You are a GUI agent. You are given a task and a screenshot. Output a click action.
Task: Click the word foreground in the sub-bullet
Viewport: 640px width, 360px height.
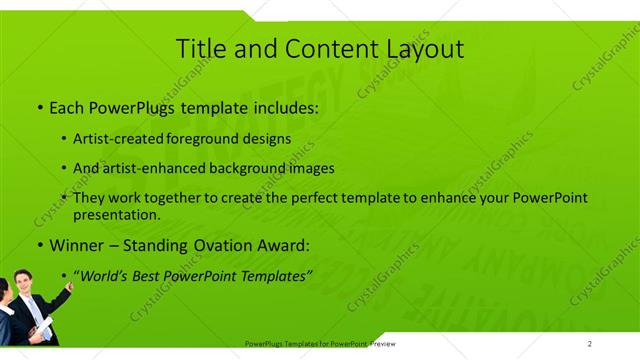coord(224,139)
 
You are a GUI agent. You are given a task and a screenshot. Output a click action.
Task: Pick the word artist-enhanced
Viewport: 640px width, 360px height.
coord(155,168)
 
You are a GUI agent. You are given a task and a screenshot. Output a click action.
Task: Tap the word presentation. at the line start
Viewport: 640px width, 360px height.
coord(117,214)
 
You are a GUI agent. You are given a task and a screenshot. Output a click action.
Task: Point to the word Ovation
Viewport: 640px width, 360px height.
coord(229,244)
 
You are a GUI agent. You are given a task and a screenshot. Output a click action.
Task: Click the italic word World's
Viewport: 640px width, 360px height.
coord(105,274)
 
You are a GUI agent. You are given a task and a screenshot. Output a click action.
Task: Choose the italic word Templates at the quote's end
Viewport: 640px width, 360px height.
coord(274,274)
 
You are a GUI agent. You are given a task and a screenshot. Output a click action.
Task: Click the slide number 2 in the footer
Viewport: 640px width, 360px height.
coord(590,344)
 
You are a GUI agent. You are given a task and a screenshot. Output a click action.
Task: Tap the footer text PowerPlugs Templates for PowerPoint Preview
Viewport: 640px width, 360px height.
coord(320,344)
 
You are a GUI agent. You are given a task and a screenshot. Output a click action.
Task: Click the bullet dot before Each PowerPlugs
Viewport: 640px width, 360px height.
coord(39,106)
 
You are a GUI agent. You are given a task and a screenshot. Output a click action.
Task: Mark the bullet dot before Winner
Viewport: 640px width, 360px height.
coord(39,245)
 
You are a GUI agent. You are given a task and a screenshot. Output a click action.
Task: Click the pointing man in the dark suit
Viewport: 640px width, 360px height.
coord(40,307)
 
